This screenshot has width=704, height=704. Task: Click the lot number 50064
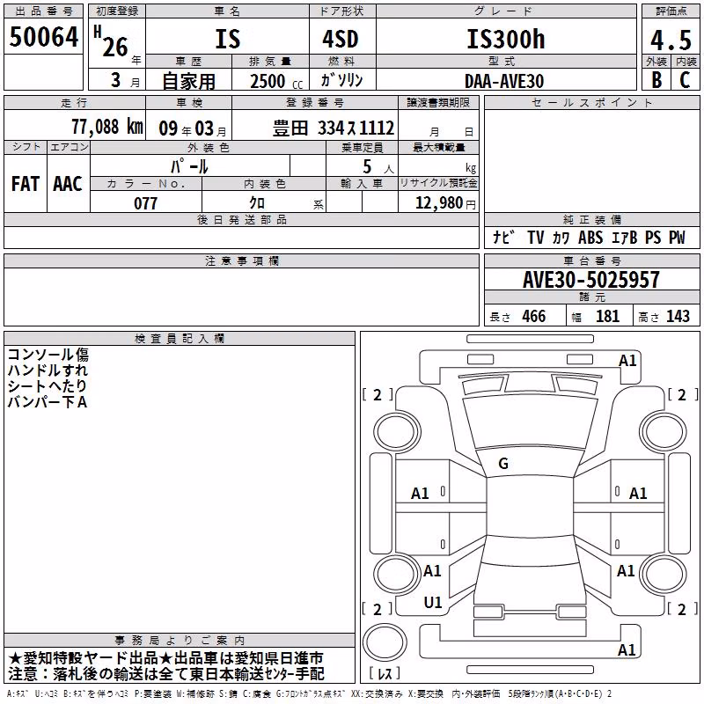click(43, 37)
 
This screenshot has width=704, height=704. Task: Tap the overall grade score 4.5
click(671, 40)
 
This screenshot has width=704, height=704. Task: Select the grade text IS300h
click(506, 39)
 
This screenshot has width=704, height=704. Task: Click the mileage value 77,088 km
click(107, 127)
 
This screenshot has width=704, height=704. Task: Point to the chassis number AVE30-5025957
click(591, 280)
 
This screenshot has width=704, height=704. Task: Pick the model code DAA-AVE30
click(504, 81)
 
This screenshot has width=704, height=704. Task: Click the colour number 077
click(145, 203)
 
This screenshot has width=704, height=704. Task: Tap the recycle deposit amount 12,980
click(439, 203)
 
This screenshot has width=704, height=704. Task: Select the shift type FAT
click(26, 184)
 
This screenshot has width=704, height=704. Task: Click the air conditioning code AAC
click(68, 184)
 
